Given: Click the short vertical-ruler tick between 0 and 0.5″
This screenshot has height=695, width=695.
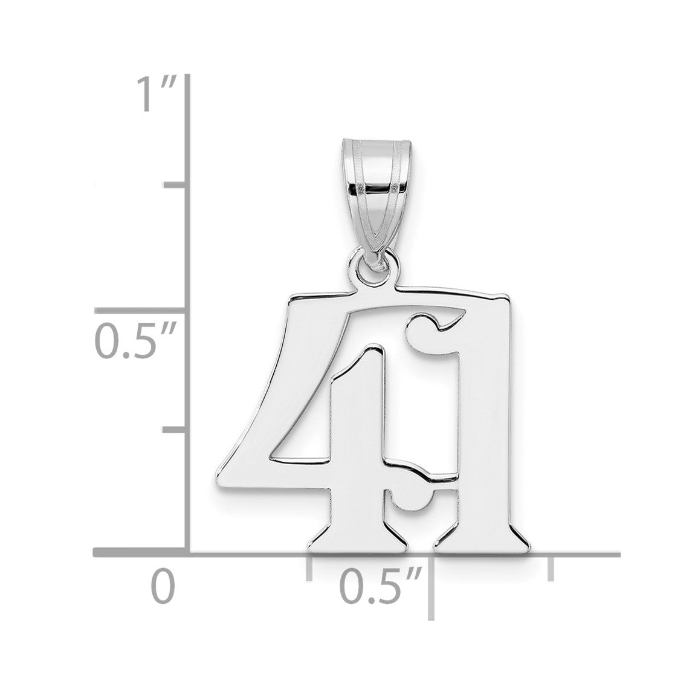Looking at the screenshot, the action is (175, 430).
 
